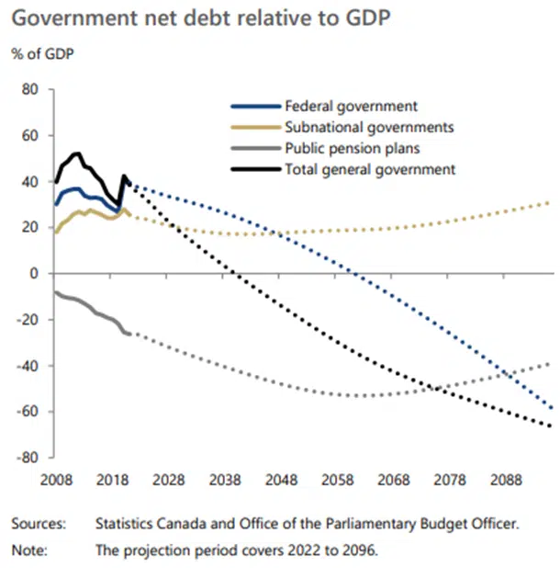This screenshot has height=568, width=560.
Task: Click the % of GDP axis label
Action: [43, 51]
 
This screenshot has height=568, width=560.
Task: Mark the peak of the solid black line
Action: [77, 153]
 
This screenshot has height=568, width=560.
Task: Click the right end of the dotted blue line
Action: [551, 407]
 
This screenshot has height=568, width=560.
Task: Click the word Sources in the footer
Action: [39, 524]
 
